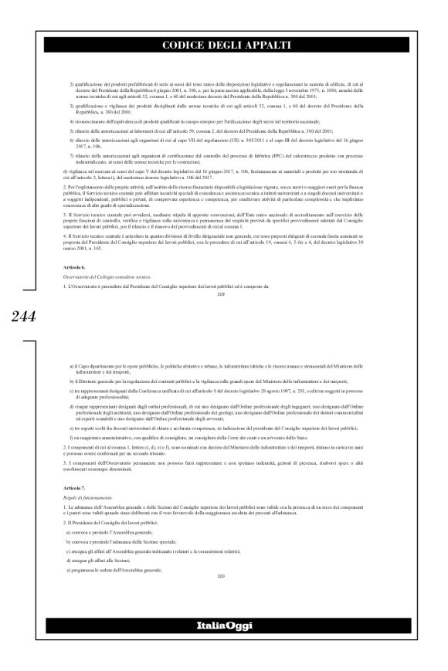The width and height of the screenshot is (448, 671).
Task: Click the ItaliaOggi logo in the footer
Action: pos(224,646)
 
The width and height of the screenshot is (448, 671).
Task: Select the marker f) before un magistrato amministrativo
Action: pos(71,436)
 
